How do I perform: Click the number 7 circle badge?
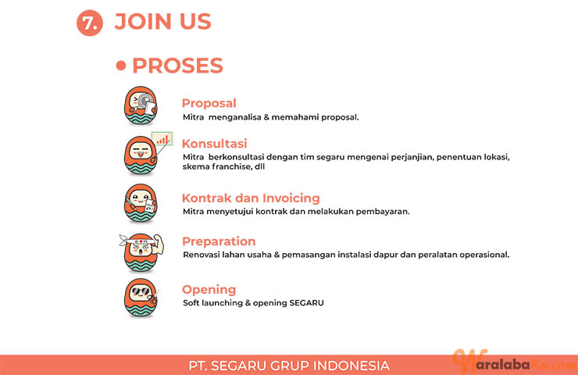90,23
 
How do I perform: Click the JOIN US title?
162,21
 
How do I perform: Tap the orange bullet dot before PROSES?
121,66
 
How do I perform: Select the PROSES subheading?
177,66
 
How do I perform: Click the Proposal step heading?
209,103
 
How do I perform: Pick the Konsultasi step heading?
215,144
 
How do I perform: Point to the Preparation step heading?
219,241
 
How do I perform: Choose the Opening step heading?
209,290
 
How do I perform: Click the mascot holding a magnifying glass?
141,105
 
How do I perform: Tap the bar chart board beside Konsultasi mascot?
162,138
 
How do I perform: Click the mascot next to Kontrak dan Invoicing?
141,203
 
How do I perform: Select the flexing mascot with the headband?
141,252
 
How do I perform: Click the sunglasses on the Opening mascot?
141,291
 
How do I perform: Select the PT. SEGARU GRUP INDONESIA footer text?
289,366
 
